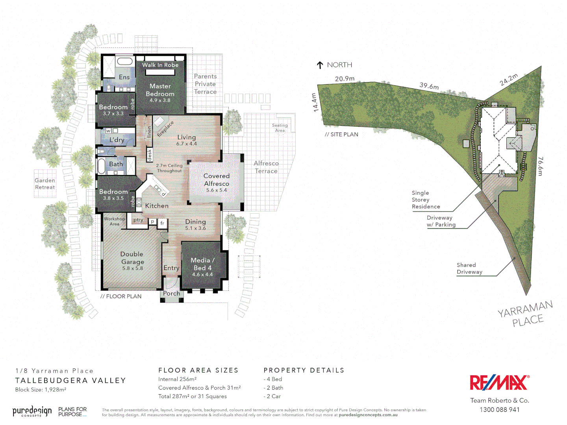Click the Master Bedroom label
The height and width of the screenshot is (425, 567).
pyautogui.click(x=160, y=90)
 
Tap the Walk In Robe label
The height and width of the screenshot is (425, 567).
pyautogui.click(x=160, y=65)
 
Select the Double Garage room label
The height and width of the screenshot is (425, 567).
pyautogui.click(x=132, y=258)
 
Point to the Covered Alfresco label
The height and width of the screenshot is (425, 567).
pyautogui.click(x=217, y=180)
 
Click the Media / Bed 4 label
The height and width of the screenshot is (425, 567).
pyautogui.click(x=202, y=264)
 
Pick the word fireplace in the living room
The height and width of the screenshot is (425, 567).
pyautogui.click(x=165, y=129)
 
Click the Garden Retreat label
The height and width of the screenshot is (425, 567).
pyautogui.click(x=45, y=184)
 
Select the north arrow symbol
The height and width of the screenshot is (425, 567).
pyautogui.click(x=320, y=65)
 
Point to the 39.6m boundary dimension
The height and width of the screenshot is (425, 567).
pyautogui.click(x=429, y=85)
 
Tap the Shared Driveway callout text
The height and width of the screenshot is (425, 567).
pyautogui.click(x=469, y=268)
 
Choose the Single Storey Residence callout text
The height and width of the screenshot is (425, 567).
pyautogui.click(x=426, y=200)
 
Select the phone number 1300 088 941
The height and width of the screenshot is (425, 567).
pyautogui.click(x=499, y=410)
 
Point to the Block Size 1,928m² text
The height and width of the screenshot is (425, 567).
pyautogui.click(x=41, y=390)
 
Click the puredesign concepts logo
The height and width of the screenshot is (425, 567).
pyautogui.click(x=32, y=412)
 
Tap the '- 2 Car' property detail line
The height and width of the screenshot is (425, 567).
pyautogui.click(x=272, y=396)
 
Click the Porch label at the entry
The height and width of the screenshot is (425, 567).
pyautogui.click(x=172, y=294)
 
